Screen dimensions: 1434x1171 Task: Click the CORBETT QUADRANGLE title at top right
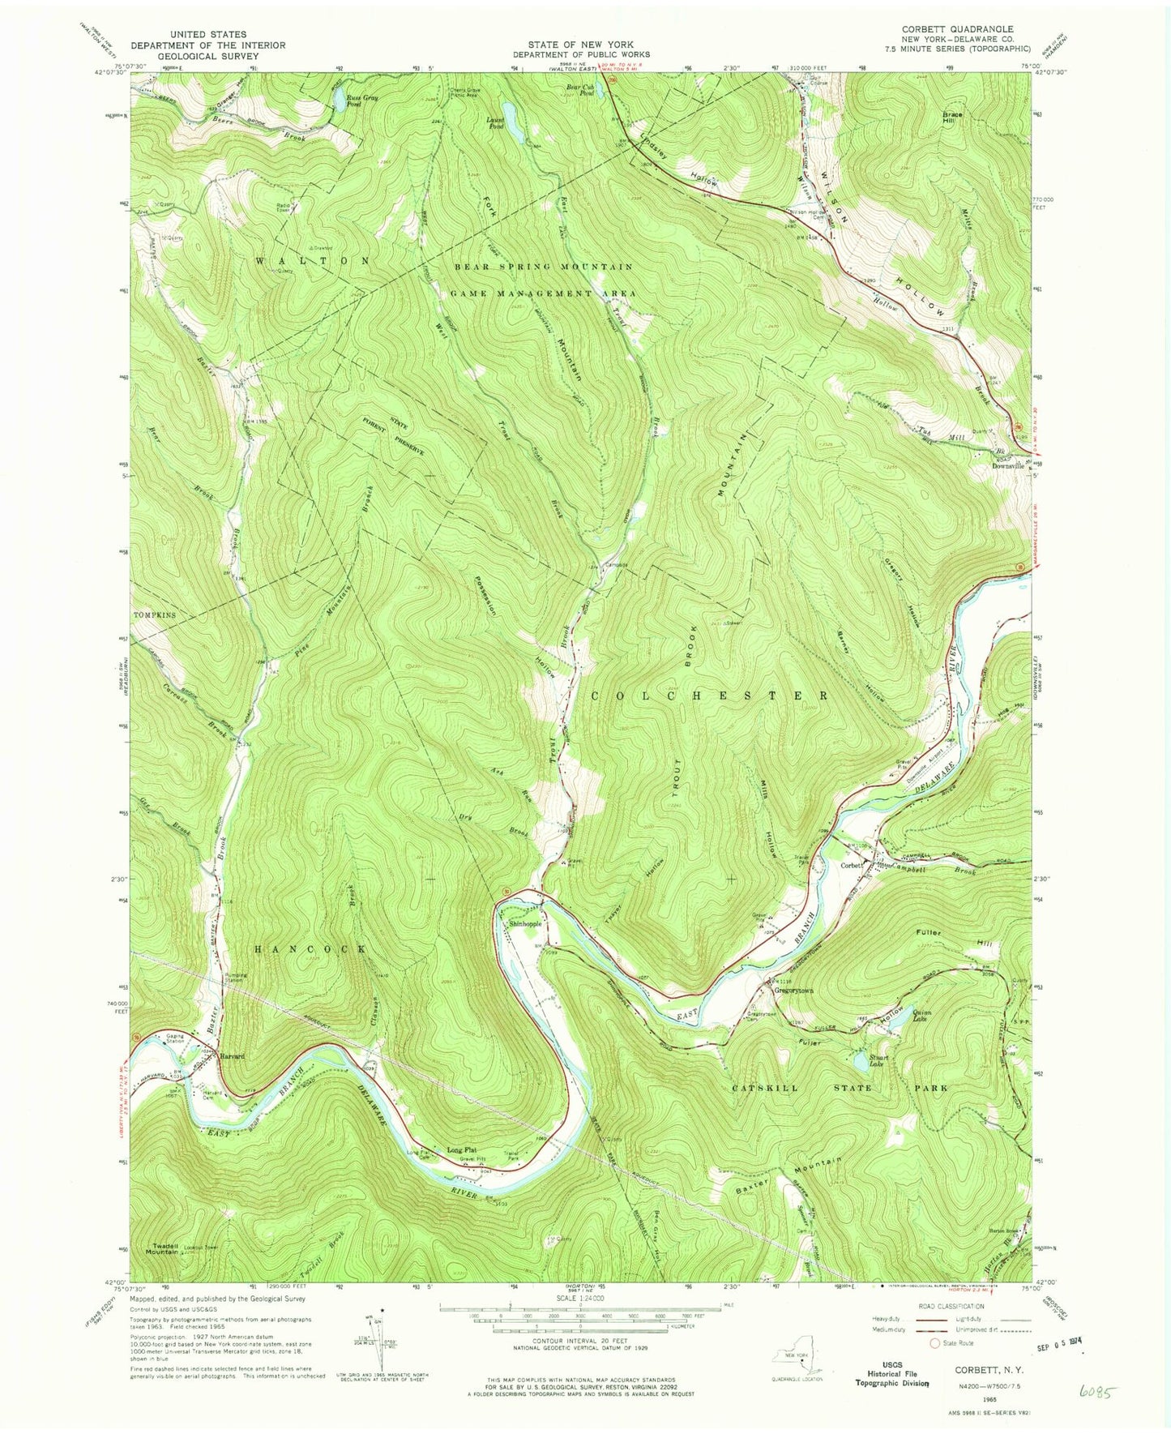click(957, 29)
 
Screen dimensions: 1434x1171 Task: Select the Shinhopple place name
click(524, 923)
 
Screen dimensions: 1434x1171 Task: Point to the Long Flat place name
click(462, 1149)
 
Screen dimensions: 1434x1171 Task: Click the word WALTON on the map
click(313, 261)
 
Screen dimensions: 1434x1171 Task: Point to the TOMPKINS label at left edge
click(154, 615)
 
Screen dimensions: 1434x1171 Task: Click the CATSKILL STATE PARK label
click(839, 1088)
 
